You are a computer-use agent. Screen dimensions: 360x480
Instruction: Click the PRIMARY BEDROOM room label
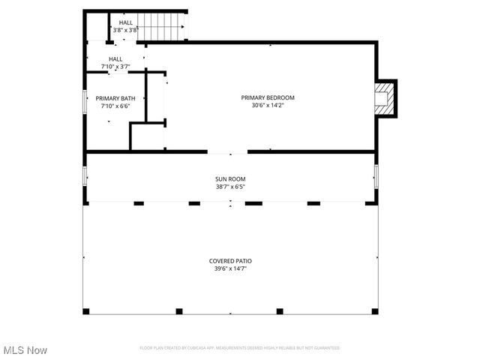tap(267, 97)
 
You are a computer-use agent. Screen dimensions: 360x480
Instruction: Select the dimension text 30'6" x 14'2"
tap(267, 106)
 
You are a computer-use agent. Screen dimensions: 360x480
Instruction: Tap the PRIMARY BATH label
tap(115, 98)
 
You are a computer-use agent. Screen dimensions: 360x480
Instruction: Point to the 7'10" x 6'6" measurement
tap(115, 106)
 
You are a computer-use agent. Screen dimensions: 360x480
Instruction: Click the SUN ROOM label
tap(230, 179)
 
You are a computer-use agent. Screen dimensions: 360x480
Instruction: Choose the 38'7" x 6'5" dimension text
tap(230, 187)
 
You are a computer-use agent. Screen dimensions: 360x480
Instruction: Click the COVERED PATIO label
tap(230, 261)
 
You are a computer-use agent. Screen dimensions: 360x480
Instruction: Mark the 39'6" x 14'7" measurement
tap(230, 268)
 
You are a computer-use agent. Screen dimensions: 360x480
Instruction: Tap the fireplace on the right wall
tap(385, 98)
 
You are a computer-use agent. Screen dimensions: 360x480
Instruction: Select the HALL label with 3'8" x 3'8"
tap(126, 23)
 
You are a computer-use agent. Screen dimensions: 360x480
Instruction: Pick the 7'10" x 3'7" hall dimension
tap(115, 67)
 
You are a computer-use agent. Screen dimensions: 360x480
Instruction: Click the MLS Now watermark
tap(25, 350)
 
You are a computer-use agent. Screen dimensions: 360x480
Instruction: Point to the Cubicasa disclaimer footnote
tap(239, 348)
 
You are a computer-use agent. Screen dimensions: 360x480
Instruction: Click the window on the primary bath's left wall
tap(85, 102)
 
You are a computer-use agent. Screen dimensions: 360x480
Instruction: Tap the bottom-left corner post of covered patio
tap(85, 311)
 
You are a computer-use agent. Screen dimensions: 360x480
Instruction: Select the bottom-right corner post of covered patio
tap(375, 311)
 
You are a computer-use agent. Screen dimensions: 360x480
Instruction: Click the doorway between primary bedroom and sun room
tap(227, 152)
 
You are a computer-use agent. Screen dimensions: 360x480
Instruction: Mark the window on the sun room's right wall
tap(376, 177)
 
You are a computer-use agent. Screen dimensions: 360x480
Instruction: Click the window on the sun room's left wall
tap(85, 177)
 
